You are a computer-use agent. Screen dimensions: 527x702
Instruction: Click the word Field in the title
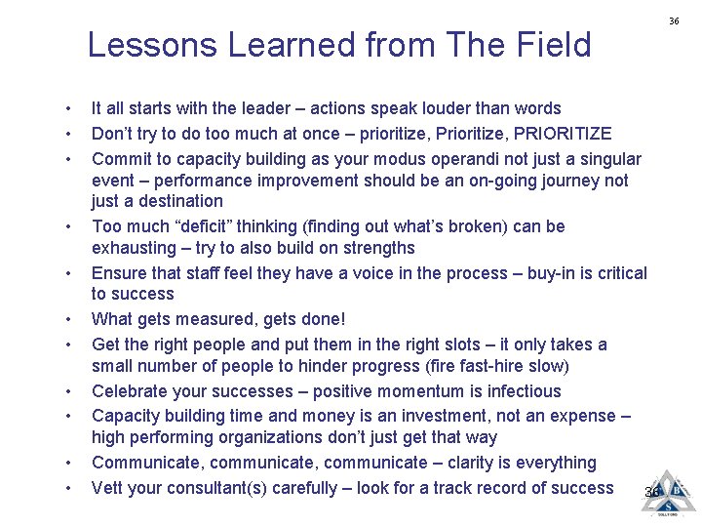(554, 45)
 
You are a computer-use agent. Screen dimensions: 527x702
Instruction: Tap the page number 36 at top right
(674, 20)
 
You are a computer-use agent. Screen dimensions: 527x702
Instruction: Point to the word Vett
(108, 488)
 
